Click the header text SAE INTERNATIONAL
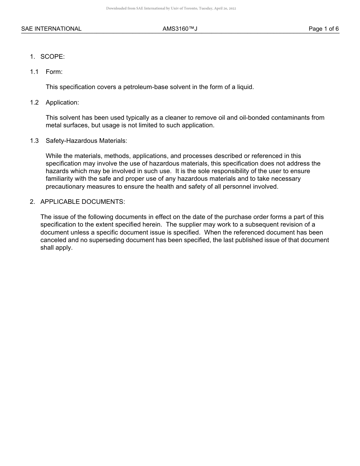[51, 29]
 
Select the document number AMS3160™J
[180, 29]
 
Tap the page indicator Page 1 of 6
[324, 29]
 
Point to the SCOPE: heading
[53, 56]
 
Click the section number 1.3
[34, 141]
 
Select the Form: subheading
[54, 72]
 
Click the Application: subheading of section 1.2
[63, 102]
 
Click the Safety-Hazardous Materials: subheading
[86, 141]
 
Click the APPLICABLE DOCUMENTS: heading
[83, 202]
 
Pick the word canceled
[53, 240]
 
